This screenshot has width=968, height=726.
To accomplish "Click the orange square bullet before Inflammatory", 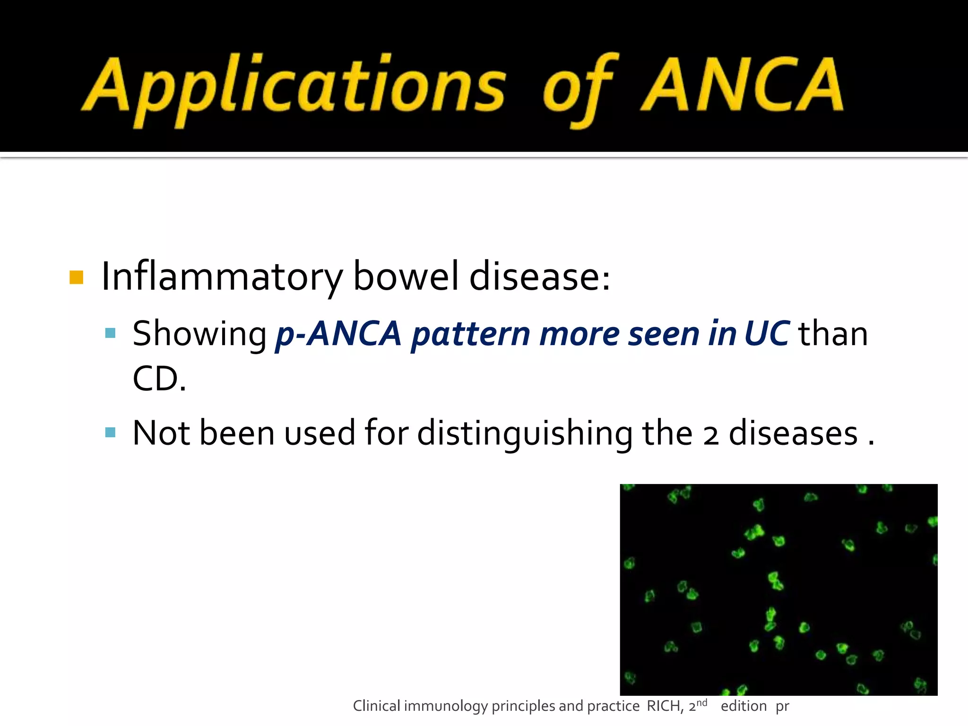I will (x=76, y=277).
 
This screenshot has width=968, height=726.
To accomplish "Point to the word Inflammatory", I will (x=222, y=277).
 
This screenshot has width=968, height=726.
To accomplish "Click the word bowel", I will (x=406, y=276).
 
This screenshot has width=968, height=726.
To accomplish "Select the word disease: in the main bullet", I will (x=539, y=276).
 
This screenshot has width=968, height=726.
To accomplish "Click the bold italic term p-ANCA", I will (x=338, y=334).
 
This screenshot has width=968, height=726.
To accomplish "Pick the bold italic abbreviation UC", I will (x=766, y=334).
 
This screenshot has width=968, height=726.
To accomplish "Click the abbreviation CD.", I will (x=159, y=379).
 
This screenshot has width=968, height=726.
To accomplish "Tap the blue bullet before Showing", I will (x=111, y=333).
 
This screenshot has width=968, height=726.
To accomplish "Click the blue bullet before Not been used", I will (x=111, y=432).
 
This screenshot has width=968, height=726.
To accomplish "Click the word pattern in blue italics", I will (x=470, y=335).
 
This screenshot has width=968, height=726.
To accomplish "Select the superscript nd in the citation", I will (x=702, y=703).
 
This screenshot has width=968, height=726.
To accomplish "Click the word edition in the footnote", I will (x=743, y=706).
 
